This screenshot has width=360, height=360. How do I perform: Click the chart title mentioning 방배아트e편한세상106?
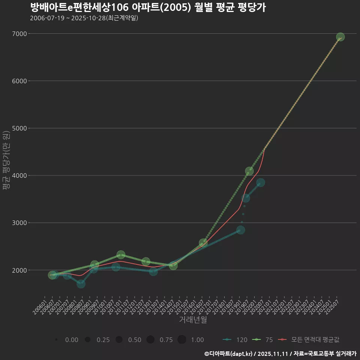pyautogui.click(x=148, y=7)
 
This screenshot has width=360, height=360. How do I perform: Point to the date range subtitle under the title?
pyautogui.click(x=84, y=18)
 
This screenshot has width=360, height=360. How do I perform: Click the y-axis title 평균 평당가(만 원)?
pyautogui.click(x=6, y=161)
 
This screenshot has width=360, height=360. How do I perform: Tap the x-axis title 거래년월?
pyautogui.click(x=193, y=319)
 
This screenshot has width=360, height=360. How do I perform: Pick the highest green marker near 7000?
pyautogui.click(x=340, y=37)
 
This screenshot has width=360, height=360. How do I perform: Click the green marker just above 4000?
pyautogui.click(x=249, y=171)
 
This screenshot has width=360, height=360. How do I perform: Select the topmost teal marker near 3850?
pyautogui.click(x=261, y=182)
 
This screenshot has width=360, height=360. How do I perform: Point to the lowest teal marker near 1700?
pyautogui.click(x=81, y=284)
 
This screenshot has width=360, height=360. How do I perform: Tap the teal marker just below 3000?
pyautogui.click(x=241, y=230)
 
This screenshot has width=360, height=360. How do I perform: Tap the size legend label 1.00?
pyautogui.click(x=197, y=340)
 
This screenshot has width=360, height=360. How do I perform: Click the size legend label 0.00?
pyautogui.click(x=72, y=340)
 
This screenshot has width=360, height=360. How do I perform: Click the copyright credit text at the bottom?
pyautogui.click(x=280, y=353)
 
